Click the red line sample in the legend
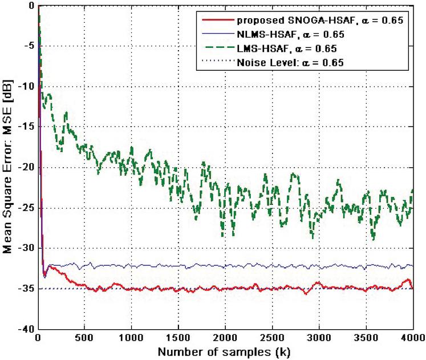pos(217,21)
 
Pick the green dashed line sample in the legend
pos(217,48)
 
